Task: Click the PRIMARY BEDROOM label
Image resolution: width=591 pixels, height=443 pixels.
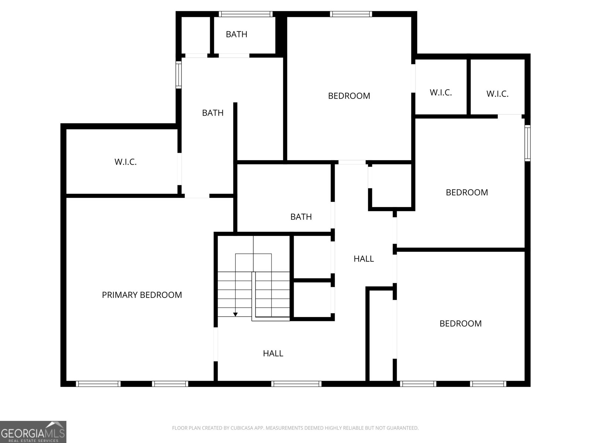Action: [x=142, y=295]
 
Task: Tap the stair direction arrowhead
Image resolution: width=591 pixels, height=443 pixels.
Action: [x=235, y=315]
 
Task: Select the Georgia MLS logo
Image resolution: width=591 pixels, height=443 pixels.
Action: [x=33, y=432]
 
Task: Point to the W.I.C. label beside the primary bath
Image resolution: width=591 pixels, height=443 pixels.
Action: [x=126, y=162]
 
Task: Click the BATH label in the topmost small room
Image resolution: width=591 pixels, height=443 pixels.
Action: [x=236, y=34]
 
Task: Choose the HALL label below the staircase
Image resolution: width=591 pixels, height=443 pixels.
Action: [x=273, y=353]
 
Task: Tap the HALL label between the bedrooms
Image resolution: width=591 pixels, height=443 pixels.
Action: [x=364, y=259]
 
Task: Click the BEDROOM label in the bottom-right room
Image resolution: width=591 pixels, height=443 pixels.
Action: [x=461, y=323]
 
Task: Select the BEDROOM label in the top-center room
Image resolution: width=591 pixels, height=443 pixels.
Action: [x=349, y=96]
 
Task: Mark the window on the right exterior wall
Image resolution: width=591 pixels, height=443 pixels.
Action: [x=528, y=143]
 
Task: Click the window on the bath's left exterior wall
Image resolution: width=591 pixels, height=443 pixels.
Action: [x=178, y=75]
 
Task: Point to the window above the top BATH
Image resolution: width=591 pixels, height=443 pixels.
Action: [x=246, y=14]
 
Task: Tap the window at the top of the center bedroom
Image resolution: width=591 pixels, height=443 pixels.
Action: [x=351, y=14]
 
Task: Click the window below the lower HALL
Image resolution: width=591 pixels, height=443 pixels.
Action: [x=296, y=384]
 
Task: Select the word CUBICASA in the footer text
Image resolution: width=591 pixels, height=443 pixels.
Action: [x=240, y=428]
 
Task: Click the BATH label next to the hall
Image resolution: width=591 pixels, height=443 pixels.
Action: [x=301, y=217]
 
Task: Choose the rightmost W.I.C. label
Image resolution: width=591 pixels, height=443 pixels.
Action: [x=497, y=94]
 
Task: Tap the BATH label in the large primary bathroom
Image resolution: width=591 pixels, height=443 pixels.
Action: [x=213, y=113]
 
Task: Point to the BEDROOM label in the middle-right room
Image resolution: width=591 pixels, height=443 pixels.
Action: [x=467, y=192]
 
